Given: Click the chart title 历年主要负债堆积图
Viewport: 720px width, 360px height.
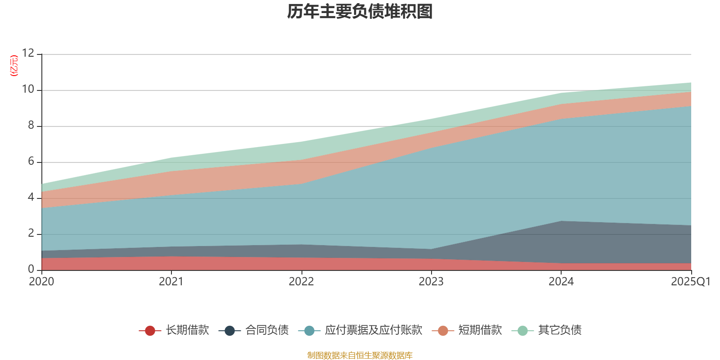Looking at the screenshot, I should click(360, 12).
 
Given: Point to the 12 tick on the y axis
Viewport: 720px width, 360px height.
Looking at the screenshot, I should click(28, 53).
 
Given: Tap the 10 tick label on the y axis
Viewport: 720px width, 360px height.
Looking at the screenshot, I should click(28, 89).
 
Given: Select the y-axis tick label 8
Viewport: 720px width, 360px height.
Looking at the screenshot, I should click(31, 125).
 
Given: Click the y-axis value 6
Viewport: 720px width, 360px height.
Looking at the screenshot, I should click(31, 161).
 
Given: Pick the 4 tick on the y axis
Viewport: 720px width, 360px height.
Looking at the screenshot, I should click(31, 197).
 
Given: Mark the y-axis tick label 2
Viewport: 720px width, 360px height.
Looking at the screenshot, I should click(31, 233).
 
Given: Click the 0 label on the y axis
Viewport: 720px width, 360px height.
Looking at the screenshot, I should click(31, 269).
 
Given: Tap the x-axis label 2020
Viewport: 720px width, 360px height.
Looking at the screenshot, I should click(41, 282).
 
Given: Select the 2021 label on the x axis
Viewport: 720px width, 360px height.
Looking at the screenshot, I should click(171, 282).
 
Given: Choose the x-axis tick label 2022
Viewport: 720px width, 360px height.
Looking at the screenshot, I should click(301, 282).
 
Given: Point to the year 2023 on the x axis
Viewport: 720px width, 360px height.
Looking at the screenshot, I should click(431, 282).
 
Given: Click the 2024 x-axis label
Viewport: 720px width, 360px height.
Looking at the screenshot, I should click(561, 282).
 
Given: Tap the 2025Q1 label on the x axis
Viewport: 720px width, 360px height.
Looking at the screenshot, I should click(690, 282).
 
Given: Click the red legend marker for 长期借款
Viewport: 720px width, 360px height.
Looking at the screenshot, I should click(150, 331).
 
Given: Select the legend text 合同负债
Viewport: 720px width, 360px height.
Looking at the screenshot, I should click(267, 330).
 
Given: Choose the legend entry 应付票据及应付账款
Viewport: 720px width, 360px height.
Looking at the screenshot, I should click(373, 330).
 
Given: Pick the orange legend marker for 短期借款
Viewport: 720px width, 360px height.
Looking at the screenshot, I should click(443, 331).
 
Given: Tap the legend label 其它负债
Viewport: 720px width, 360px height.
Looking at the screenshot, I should click(559, 330).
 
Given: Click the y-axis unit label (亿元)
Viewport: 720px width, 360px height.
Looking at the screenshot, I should click(14, 66).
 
